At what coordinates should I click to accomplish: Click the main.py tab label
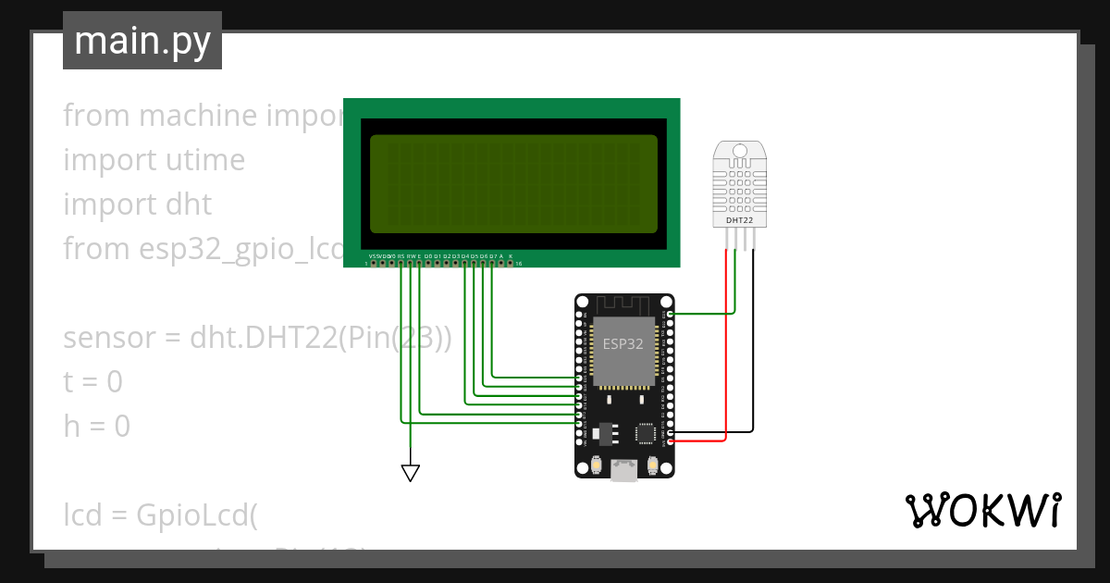click(142, 41)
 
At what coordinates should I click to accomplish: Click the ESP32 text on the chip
click(623, 344)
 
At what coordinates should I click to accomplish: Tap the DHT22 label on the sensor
click(739, 220)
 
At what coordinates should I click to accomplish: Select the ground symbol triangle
click(411, 473)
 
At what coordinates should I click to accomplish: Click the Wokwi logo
click(982, 510)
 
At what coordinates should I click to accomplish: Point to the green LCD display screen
click(513, 184)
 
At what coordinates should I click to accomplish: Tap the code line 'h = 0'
click(96, 427)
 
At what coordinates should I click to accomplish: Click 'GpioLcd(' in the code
click(195, 514)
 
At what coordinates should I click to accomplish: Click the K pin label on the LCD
click(511, 255)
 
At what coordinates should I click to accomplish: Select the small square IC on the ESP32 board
click(645, 432)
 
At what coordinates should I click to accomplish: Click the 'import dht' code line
click(137, 205)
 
